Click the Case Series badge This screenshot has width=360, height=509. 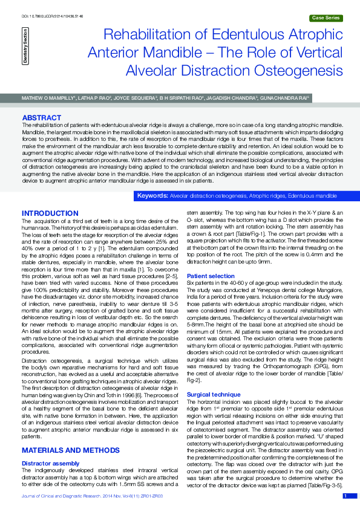(x=324, y=19)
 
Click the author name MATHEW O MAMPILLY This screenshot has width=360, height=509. (x=48, y=97)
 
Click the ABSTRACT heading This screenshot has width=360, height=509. (x=41, y=117)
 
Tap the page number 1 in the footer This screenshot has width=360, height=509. (x=345, y=496)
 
